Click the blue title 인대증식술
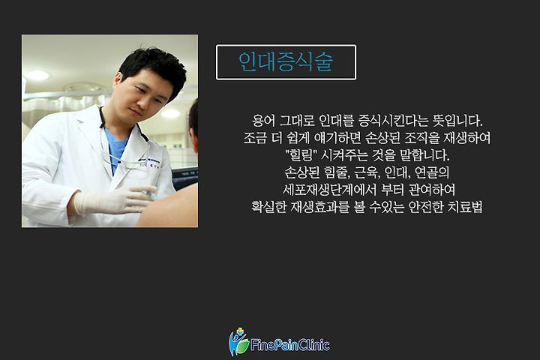(x=286, y=62)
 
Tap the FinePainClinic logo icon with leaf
(x=238, y=342)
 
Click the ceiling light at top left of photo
(x=38, y=75)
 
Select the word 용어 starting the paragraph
(x=263, y=121)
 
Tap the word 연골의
(x=432, y=172)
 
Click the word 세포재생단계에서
(x=329, y=190)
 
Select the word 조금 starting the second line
(x=255, y=138)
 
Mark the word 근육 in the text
(x=367, y=172)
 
